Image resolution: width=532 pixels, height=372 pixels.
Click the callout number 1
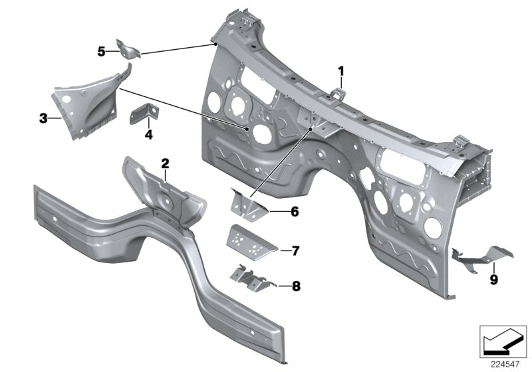click(x=341, y=70)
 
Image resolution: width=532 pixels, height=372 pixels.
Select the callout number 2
click(x=166, y=163)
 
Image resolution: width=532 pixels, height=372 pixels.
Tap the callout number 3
click(x=43, y=119)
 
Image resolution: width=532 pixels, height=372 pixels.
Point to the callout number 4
click(x=148, y=135)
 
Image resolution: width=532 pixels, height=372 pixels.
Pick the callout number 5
click(x=102, y=51)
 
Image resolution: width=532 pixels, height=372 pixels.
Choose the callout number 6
click(x=295, y=212)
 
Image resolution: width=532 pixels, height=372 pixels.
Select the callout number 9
click(x=493, y=280)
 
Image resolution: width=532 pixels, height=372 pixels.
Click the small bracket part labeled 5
click(x=128, y=49)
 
